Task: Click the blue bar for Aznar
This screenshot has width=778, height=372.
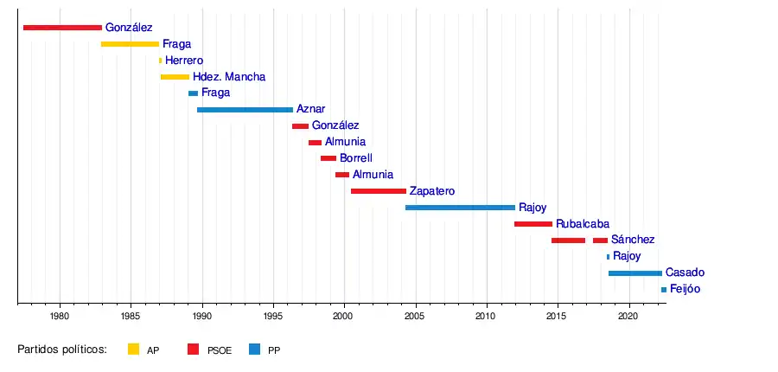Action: pos(245,110)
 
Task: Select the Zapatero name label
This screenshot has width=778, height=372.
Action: pos(431,191)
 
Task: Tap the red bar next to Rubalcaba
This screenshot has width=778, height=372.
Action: pos(532,224)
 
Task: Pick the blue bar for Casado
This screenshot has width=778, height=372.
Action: pos(635,273)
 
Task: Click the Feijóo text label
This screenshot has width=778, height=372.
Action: pos(685,289)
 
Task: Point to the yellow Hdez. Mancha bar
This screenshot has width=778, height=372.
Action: pos(175,77)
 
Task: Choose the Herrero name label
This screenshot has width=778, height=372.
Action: pos(184,61)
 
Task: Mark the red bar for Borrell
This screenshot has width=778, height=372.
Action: pos(328,158)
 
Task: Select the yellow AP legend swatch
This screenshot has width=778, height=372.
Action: pos(133,350)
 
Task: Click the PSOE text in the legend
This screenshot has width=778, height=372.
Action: pos(220,350)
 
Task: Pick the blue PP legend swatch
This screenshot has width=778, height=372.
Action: pos(254,350)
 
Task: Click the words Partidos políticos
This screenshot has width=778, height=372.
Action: pos(61,350)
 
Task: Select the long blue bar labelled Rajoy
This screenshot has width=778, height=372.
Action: pos(460,208)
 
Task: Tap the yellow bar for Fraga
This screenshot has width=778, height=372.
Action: pos(130,44)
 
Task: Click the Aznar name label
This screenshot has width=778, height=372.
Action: pos(310,110)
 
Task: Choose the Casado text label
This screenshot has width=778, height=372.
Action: pos(685,273)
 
